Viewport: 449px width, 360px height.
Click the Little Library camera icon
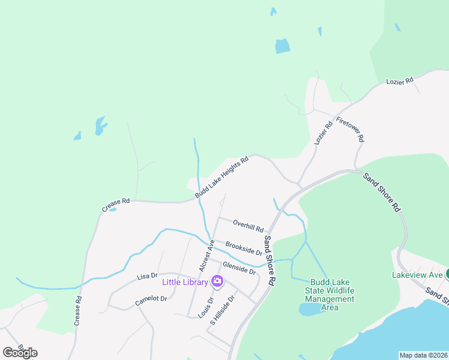coord(217,281)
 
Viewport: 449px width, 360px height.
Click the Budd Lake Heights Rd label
coord(221,178)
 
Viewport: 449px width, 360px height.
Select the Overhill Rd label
coord(249,226)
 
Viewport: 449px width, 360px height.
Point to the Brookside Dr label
coord(244,248)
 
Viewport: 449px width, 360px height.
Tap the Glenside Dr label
coord(239,268)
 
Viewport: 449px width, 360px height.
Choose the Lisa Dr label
coord(146,276)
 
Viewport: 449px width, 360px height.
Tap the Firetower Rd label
coord(351,129)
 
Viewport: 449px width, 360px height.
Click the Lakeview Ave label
coord(418,275)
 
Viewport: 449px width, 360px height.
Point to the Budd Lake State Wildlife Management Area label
coord(330,295)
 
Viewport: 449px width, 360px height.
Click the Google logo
coord(20,353)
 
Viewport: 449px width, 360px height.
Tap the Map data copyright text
coord(423,355)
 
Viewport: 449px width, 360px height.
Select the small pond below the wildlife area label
coord(309,309)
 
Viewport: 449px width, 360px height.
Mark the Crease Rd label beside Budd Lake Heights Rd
coord(116,205)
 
